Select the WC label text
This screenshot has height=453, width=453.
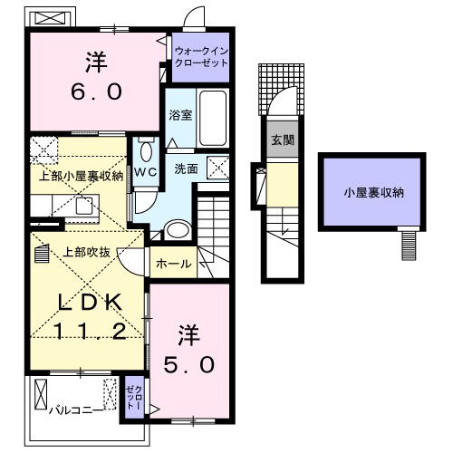[x=146, y=170]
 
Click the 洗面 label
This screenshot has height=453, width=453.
[x=186, y=169]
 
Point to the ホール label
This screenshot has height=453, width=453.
[x=173, y=264]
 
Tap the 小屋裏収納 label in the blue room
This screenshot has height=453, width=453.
[x=372, y=193]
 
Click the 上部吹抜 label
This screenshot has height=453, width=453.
[x=86, y=252]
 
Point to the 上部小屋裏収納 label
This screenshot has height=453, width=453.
[x=80, y=176]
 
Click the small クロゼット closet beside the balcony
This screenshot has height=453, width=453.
[x=133, y=396]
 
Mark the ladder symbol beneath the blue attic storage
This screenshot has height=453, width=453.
[x=410, y=243]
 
